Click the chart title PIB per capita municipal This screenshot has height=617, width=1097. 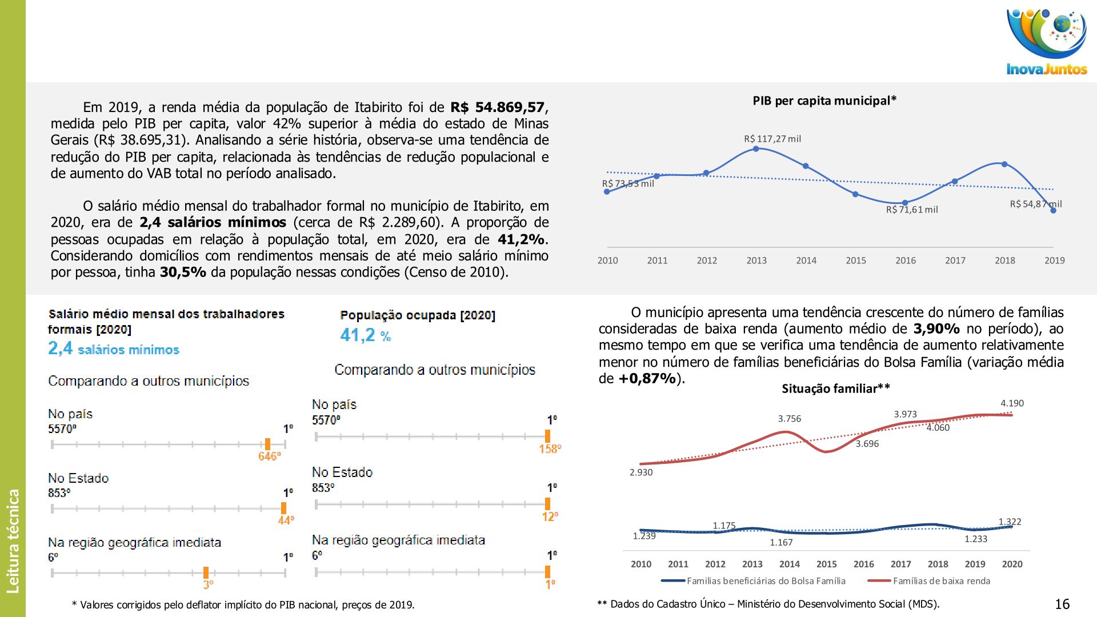824,101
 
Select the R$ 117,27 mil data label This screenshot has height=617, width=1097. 772,139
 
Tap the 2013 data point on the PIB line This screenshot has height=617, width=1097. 756,149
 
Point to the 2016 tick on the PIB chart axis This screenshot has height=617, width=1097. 905,261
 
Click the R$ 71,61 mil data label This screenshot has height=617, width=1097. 911,210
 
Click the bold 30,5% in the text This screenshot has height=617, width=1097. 183,272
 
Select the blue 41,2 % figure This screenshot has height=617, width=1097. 365,335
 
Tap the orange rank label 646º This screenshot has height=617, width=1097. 269,456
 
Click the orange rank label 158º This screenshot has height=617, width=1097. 550,449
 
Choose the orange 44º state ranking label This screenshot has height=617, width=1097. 286,520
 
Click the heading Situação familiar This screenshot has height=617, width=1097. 835,389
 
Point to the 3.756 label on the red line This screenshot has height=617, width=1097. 789,419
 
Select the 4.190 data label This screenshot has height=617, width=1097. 1012,403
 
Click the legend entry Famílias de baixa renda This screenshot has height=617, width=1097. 941,581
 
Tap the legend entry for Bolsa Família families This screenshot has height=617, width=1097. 766,581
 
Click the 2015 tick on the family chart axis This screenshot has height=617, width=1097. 826,564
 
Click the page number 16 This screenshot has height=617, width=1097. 1062,604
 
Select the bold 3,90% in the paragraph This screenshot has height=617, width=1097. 936,329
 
